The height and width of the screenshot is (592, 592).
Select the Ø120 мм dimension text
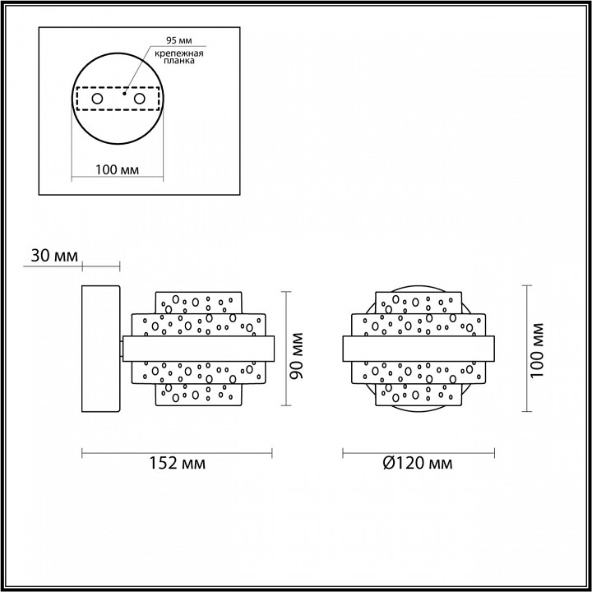[417, 464]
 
